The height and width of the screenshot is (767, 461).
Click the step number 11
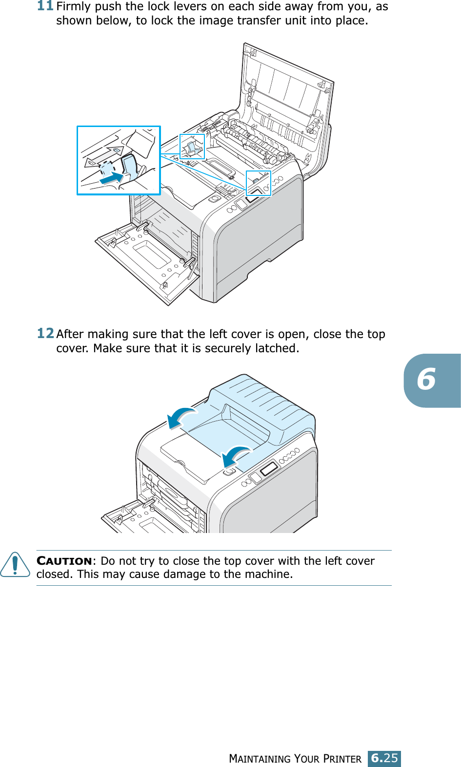point(45,6)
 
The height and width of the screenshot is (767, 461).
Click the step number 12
point(45,333)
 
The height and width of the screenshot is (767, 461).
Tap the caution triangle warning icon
point(15,565)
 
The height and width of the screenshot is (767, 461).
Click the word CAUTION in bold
point(64,561)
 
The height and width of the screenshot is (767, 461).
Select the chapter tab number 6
point(427,380)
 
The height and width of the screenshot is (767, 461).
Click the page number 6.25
point(384,758)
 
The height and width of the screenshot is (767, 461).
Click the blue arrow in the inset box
point(112,177)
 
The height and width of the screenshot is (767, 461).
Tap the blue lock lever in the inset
point(130,166)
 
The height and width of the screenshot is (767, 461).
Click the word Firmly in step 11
point(74,7)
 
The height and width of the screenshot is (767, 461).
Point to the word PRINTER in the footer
point(342,759)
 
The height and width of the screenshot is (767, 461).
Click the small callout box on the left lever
point(192,147)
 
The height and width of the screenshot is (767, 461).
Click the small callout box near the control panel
point(258,183)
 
